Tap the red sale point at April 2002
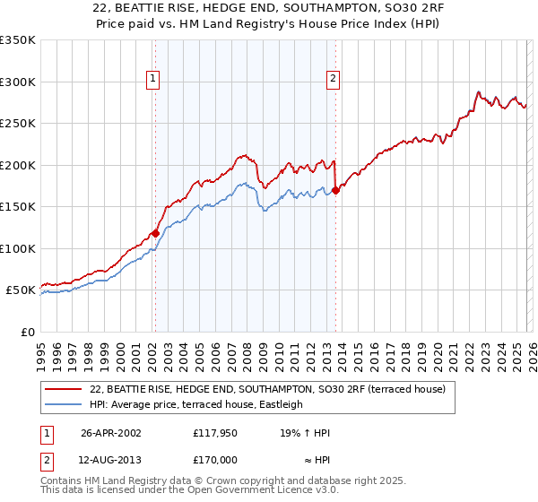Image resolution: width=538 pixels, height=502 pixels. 155,233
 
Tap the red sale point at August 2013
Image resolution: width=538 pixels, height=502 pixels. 334,190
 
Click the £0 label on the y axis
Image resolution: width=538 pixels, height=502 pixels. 27,332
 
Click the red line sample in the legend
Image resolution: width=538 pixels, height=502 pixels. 64,388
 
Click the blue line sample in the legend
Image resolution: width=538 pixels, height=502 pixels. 64,404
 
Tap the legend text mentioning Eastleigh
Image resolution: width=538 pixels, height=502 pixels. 196,404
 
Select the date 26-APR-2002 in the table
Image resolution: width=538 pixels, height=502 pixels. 111,433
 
